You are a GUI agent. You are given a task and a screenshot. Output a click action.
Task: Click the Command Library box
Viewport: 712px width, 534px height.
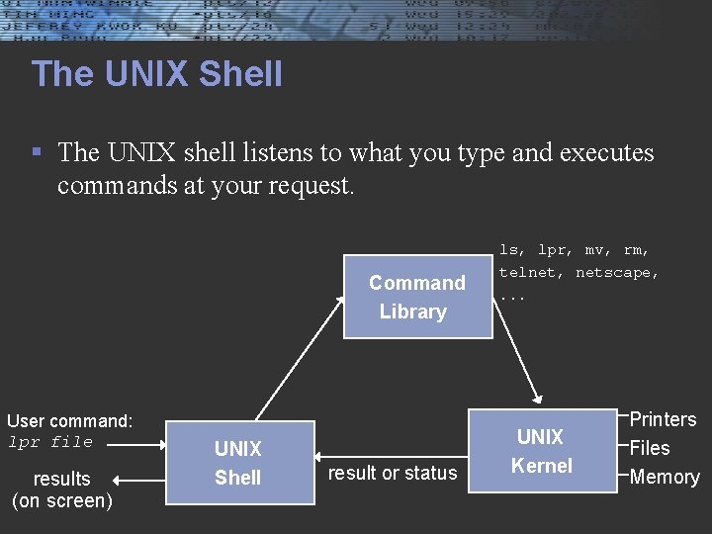coord(417,297)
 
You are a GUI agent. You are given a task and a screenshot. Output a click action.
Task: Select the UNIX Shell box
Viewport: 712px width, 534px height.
coord(238,463)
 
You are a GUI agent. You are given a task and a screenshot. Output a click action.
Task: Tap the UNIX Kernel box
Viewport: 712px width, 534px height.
coord(541,451)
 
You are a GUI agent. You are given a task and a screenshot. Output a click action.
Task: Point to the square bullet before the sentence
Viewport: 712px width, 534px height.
coord(37,153)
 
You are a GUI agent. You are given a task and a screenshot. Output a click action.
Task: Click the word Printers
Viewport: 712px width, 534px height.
coord(663,419)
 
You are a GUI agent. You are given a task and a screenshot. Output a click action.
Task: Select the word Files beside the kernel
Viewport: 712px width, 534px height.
coord(650,448)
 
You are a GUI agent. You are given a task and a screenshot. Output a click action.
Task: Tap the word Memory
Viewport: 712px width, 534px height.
coord(665,477)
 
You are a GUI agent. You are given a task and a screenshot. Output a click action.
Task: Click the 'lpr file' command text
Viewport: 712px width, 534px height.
coord(50,442)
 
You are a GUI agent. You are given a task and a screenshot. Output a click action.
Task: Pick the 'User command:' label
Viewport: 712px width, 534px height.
coord(69,421)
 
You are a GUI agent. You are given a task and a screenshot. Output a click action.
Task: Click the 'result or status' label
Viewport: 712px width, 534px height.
coord(393,474)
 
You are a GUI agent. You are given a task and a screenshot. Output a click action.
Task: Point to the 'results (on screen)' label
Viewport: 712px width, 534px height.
coord(61,489)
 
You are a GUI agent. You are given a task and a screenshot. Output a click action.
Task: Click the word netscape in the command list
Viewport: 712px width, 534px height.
coord(617,272)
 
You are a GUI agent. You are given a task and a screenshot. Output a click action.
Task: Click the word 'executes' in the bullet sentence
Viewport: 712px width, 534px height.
coord(607,153)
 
